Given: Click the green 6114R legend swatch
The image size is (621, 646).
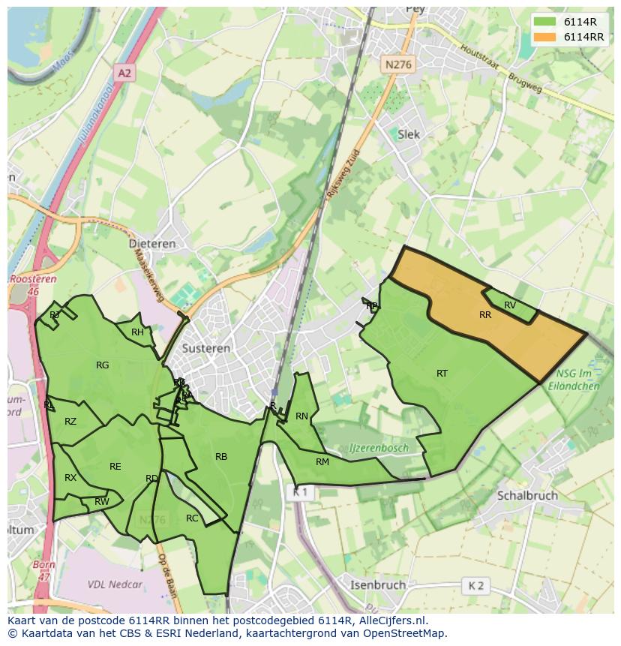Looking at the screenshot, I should pyautogui.click(x=546, y=22).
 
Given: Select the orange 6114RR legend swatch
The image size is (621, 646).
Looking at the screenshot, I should pyautogui.click(x=546, y=37).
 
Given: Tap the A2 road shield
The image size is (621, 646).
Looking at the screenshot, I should pyautogui.click(x=124, y=73).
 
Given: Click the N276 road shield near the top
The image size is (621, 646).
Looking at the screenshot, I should pyautogui.click(x=397, y=65).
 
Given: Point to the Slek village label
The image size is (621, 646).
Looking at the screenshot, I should pyautogui.click(x=409, y=134).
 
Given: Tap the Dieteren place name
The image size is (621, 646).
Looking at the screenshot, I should pyautogui.click(x=151, y=244).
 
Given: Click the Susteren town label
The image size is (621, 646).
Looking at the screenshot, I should pyautogui.click(x=205, y=349).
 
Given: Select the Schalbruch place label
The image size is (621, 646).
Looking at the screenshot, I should pyautogui.click(x=527, y=496).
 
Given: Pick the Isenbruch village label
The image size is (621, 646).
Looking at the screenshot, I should pyautogui.click(x=378, y=584).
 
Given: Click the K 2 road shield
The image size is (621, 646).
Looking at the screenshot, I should pyautogui.click(x=475, y=585).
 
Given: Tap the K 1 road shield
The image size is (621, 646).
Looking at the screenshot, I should pyautogui.click(x=300, y=492).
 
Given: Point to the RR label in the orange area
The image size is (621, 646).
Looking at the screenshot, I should pyautogui.click(x=485, y=315).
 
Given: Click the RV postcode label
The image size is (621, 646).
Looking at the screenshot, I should pyautogui.click(x=510, y=305).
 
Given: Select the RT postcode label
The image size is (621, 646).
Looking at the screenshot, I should pyautogui.click(x=442, y=373).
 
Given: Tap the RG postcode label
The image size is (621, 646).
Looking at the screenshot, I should pyautogui.click(x=103, y=365).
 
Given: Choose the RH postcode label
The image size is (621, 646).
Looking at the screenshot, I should pyautogui.click(x=137, y=332).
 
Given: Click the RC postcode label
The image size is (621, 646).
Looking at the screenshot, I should pyautogui.click(x=192, y=518).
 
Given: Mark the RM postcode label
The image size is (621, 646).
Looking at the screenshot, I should pyautogui.click(x=322, y=461).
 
